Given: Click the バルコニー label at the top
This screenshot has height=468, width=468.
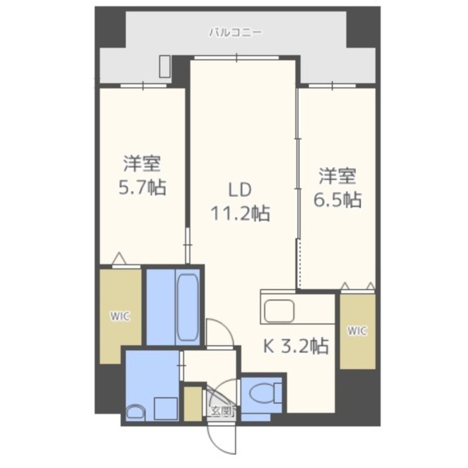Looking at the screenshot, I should tap(236, 33).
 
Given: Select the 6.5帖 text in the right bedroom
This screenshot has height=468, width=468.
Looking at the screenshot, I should tap(338, 199).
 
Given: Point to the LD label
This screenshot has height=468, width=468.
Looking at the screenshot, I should tap(239, 190).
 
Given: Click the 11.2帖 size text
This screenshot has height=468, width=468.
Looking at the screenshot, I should tap(240, 214).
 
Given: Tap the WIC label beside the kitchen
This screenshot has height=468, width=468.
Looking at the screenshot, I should tap(357, 331).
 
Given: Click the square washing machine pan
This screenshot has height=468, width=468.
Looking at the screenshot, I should tap(165, 407).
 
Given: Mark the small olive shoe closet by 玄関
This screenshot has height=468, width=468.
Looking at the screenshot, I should tap(192, 403).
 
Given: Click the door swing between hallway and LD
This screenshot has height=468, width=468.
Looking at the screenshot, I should tap(219, 332).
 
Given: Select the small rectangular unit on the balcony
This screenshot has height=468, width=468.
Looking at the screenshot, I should tap(166, 67).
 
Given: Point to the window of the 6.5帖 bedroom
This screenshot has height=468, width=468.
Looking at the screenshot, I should tap(332, 86).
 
